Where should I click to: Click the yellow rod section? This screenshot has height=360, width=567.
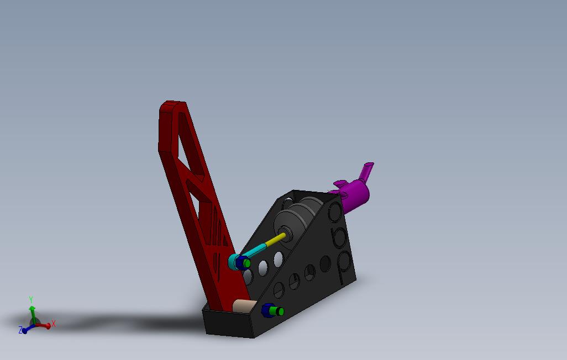tap(275, 240)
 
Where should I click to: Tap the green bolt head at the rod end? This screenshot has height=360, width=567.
tap(247, 263)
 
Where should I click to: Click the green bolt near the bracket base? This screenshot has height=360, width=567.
tap(279, 311)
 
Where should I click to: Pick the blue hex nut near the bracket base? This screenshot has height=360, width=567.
tap(267, 310)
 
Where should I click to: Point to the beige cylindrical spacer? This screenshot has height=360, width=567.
tap(244, 306)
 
